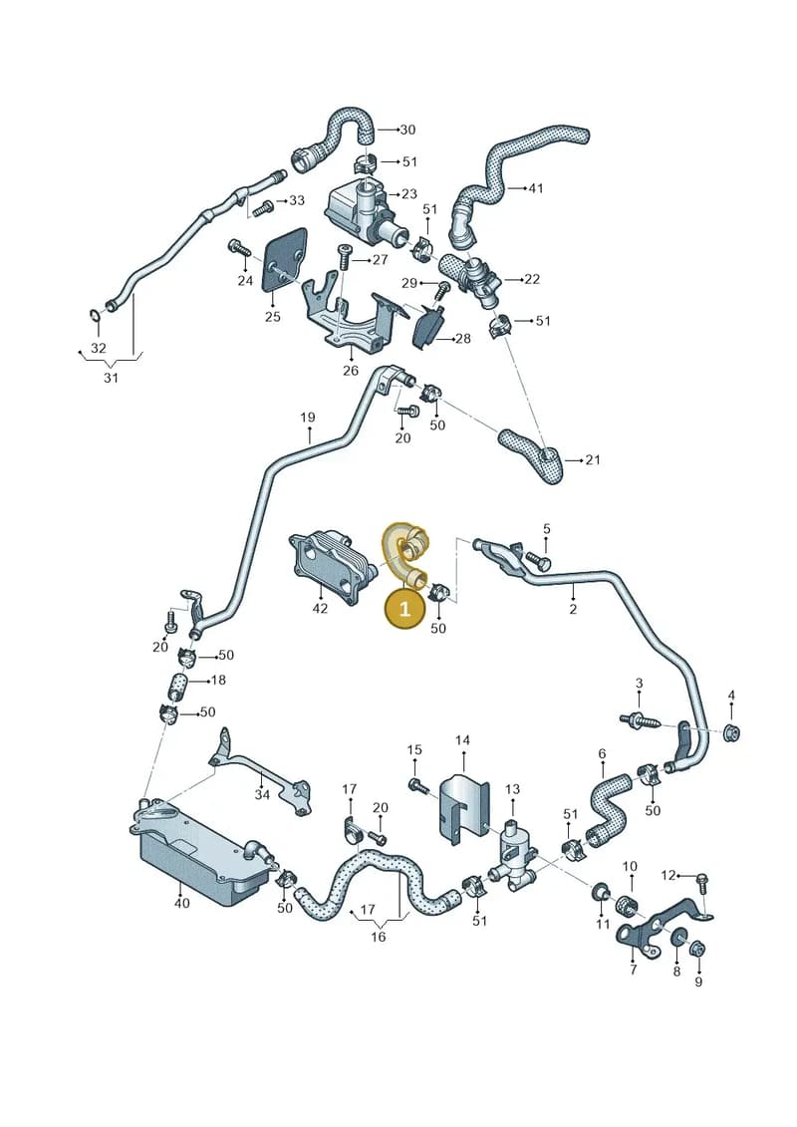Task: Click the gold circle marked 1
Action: click(404, 608)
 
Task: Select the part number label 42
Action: click(320, 608)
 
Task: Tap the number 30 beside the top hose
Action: click(407, 131)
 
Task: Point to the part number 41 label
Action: click(535, 188)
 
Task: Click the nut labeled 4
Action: click(731, 733)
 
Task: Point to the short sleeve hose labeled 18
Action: click(178, 687)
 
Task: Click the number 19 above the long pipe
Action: click(308, 418)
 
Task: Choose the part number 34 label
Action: click(262, 795)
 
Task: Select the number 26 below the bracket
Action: click(350, 371)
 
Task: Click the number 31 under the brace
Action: click(110, 377)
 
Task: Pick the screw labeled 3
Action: click(634, 718)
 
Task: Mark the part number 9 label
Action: click(698, 982)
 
